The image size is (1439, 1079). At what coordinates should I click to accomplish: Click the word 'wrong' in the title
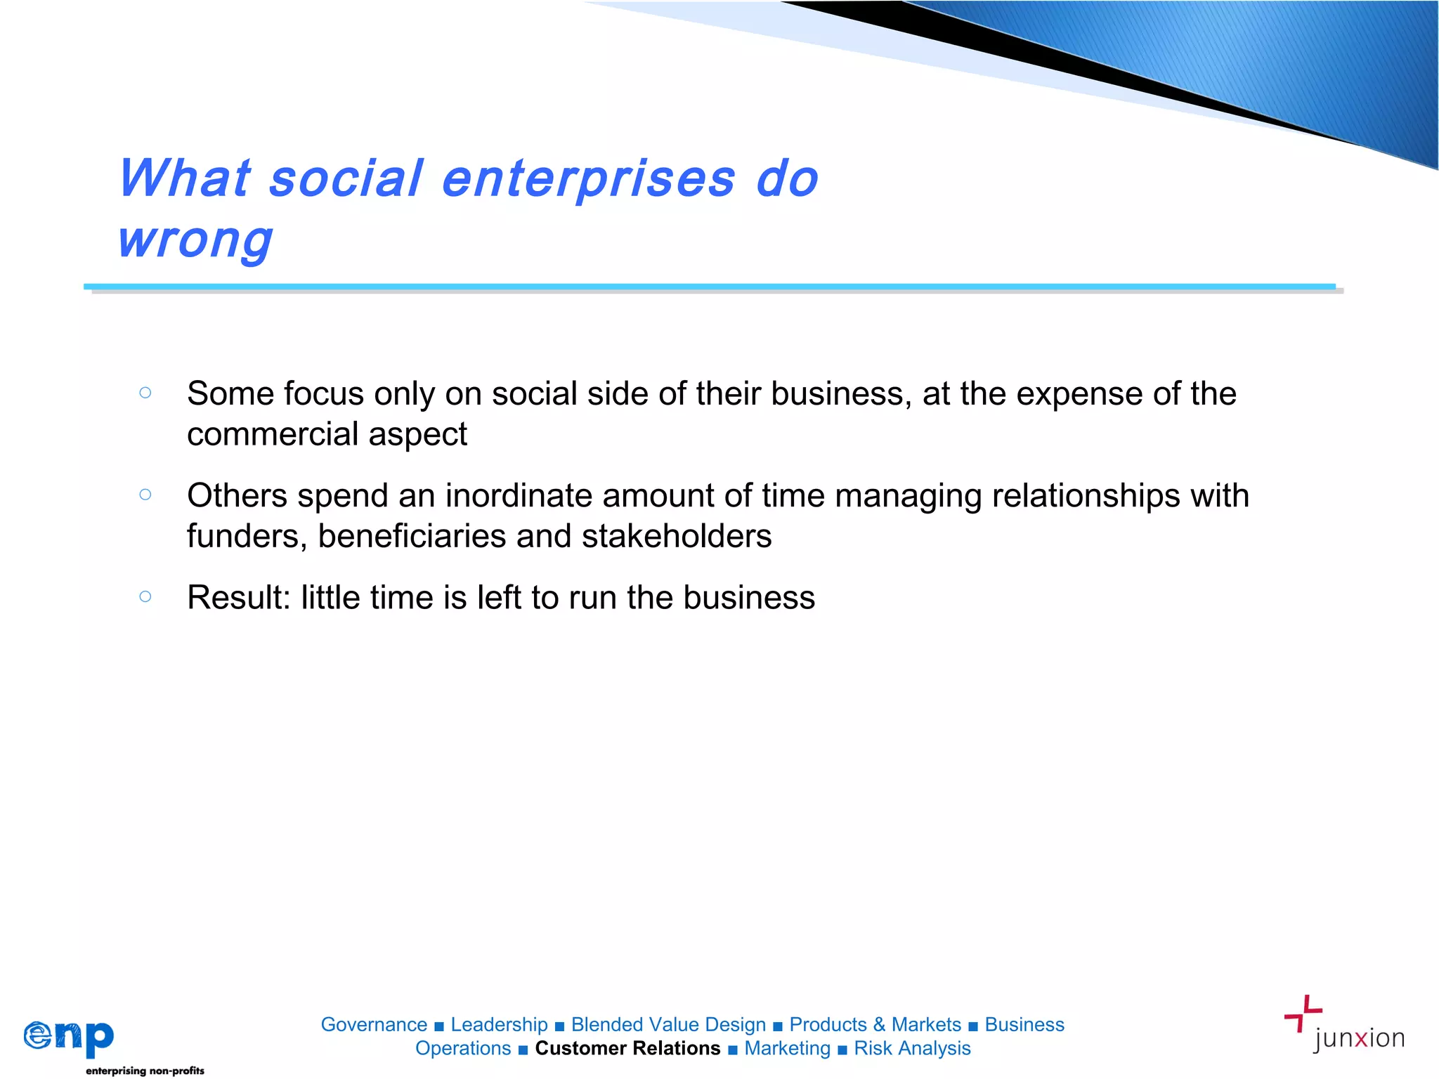coord(195,240)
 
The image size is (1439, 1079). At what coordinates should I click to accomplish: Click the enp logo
coord(69,1037)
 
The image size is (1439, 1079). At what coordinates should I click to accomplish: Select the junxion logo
coord(1343,1026)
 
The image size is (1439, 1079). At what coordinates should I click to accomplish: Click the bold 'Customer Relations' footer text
coord(627,1048)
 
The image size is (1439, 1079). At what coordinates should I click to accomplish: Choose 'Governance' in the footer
coord(374,1025)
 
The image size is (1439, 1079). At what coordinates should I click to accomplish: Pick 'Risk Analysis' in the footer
coord(912,1048)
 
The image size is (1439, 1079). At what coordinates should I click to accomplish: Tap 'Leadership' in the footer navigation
coord(499,1025)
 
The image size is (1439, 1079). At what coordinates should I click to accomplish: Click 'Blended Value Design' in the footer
coord(668,1025)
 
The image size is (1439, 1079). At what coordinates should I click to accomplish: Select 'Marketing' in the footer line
coord(787,1048)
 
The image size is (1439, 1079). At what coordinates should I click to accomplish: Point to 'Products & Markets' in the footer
coord(875,1025)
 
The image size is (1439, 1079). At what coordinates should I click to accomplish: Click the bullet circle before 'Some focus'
coord(145,393)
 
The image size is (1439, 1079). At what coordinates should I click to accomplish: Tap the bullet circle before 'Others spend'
coord(145,495)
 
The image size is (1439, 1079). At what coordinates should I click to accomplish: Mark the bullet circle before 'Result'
coord(145,596)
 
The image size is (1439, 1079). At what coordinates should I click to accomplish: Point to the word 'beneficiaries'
coord(412,537)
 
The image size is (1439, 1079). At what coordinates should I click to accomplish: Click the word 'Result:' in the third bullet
coord(238,598)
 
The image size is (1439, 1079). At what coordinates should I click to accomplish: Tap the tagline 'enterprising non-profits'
coord(145,1071)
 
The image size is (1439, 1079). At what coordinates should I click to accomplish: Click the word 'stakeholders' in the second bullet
coord(676,537)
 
